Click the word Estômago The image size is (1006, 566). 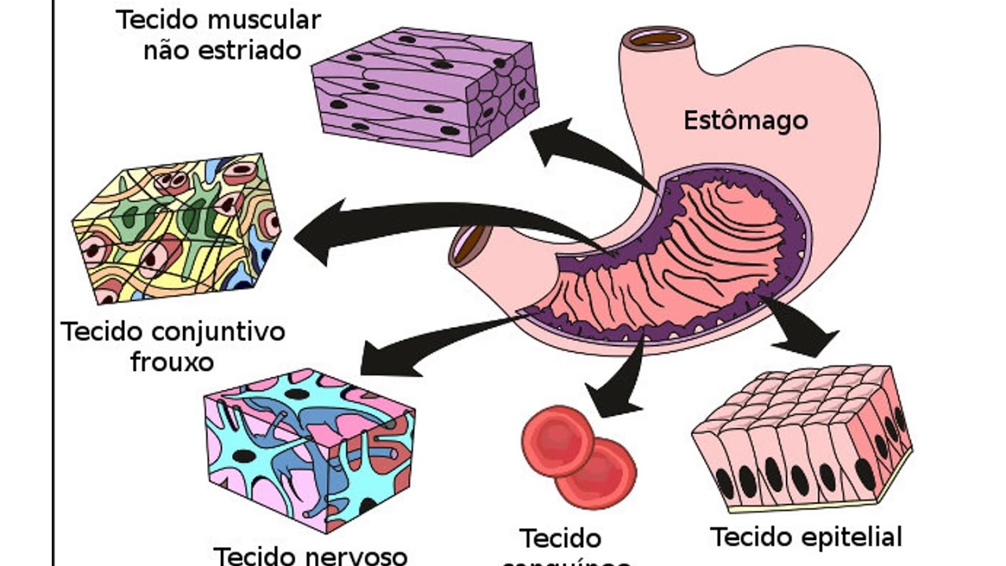tap(744, 121)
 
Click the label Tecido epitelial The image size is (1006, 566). tap(806, 538)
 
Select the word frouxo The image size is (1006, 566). tap(172, 362)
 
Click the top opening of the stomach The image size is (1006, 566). tap(657, 37)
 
